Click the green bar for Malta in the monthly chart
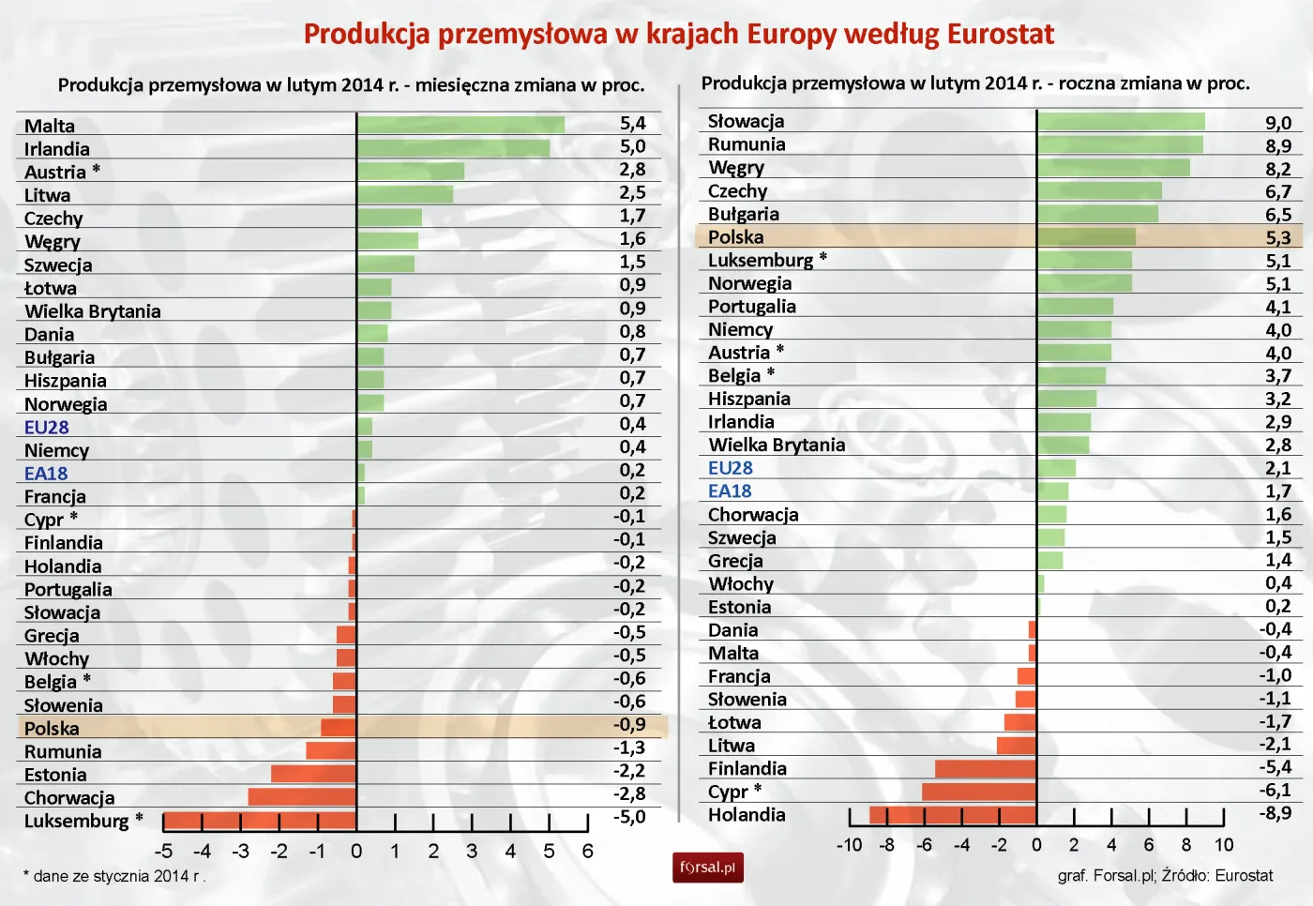tap(460, 125)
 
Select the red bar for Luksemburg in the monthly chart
tap(260, 822)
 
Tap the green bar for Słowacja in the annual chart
tap(1121, 121)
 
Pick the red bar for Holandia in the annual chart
tap(953, 815)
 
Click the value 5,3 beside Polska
tap(1277, 237)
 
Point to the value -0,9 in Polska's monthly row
tap(629, 725)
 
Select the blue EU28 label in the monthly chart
tap(47, 428)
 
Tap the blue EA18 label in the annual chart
tap(730, 491)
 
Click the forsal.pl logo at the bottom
tap(707, 868)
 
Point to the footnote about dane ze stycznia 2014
tap(114, 877)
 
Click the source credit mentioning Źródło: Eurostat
tap(1165, 876)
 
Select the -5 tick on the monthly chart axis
tap(163, 852)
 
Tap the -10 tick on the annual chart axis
tap(849, 845)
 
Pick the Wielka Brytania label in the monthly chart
tap(93, 311)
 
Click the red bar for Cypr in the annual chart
tap(979, 792)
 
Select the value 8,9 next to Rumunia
tap(1277, 145)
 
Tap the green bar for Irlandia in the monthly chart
tap(453, 148)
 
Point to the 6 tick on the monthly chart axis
tap(588, 852)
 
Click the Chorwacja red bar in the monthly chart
tap(302, 797)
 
